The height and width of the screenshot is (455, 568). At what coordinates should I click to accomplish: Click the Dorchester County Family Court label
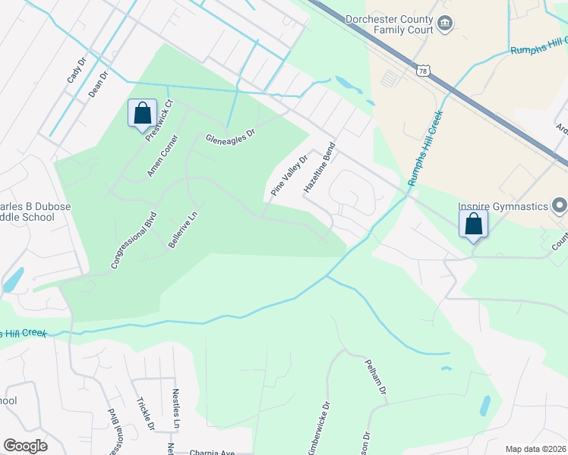pos(389,25)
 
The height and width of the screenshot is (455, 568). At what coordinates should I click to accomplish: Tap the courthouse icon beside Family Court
pos(445,25)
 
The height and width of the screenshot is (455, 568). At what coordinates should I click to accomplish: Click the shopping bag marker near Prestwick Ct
pos(142,115)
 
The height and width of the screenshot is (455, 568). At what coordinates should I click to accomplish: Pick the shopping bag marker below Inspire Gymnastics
pos(473,224)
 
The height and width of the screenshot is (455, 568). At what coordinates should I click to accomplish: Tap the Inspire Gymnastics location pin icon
pos(560,206)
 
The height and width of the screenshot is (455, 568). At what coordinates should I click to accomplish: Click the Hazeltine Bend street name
pos(319,168)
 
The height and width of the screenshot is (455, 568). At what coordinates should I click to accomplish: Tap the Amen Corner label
pos(163,157)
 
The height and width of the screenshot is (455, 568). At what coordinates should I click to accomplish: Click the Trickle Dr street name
pos(145,414)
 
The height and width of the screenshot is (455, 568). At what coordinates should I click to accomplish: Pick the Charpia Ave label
pos(212,452)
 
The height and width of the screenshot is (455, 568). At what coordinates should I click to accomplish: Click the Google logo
pos(26,446)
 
